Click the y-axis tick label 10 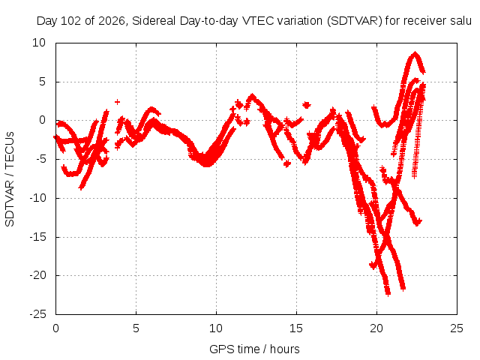[39, 43]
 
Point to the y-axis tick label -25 [38, 314]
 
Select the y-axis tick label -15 [38, 237]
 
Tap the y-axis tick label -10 [38, 198]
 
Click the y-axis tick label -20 [38, 275]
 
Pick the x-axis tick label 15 [296, 328]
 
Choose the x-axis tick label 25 [457, 328]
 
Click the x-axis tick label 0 [55, 328]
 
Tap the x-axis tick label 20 [376, 328]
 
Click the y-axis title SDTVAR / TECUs [10, 179]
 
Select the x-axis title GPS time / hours [254, 349]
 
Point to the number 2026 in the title [112, 21]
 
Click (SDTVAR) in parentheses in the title [355, 21]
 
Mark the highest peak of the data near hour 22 [415, 54]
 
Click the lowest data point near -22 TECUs [388, 294]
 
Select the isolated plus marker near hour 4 [117, 102]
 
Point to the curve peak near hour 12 [252, 96]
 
